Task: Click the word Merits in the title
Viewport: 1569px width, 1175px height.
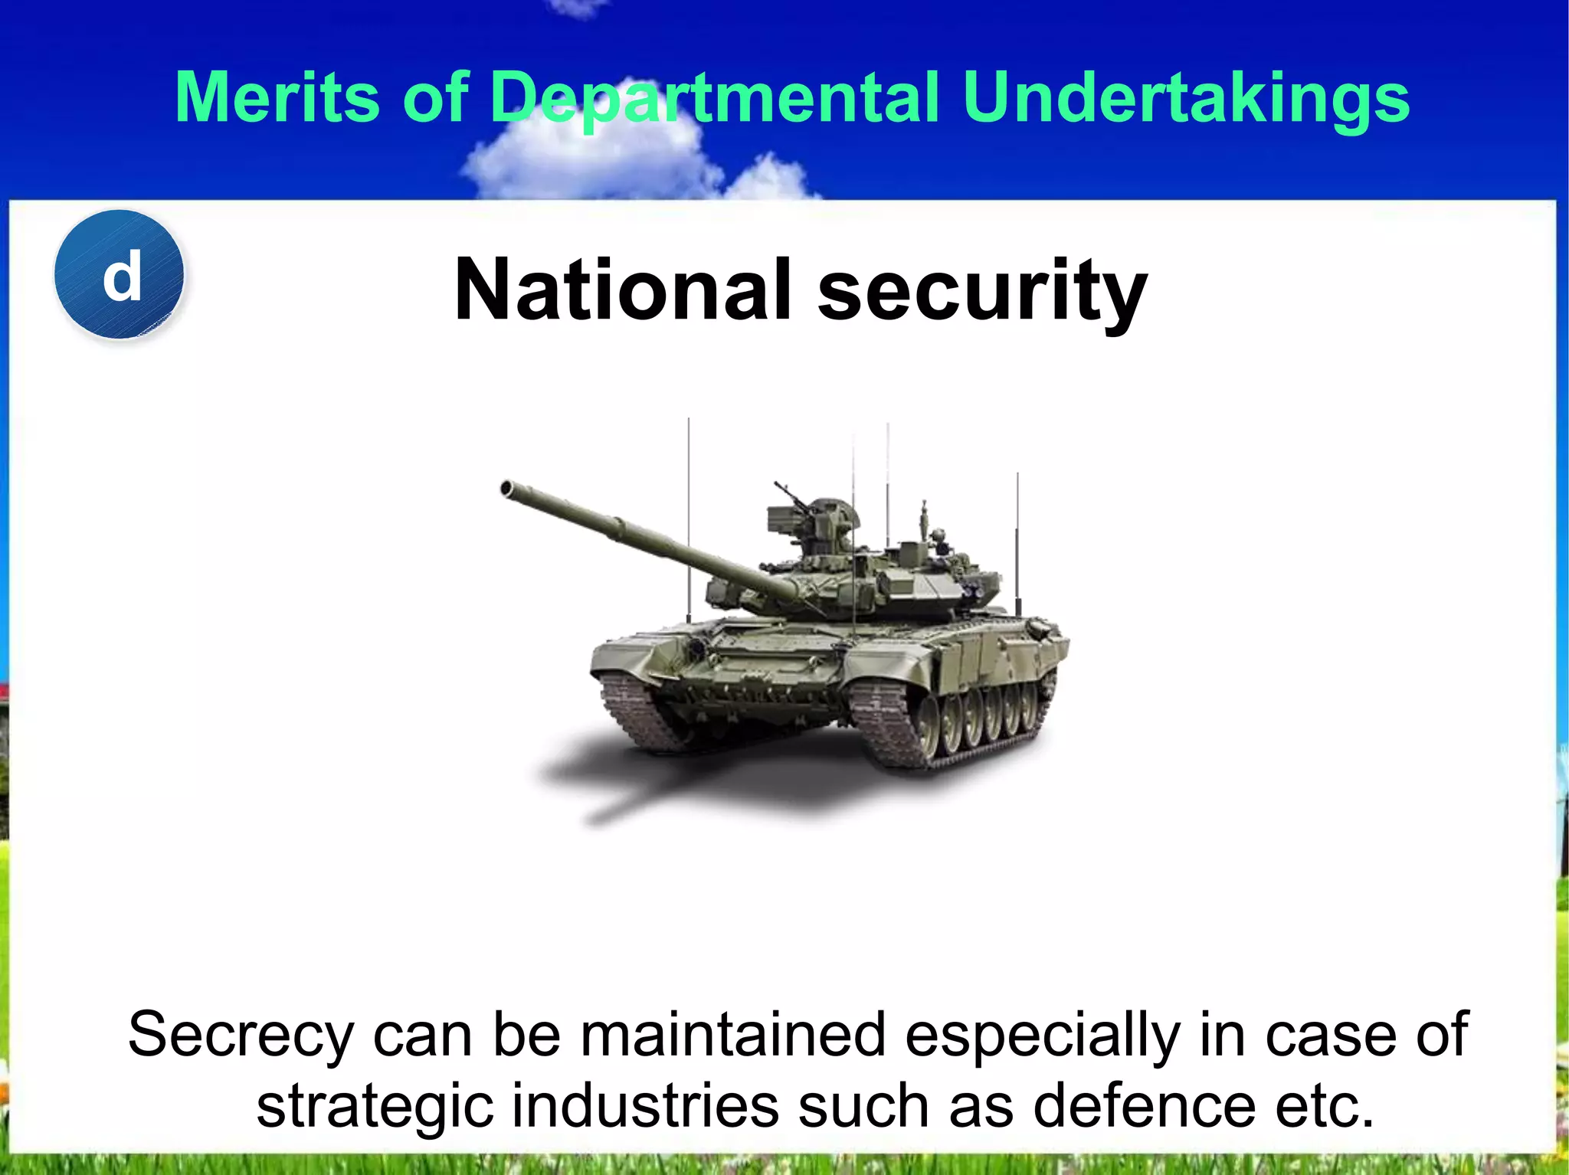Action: [277, 97]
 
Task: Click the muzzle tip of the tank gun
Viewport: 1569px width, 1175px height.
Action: [506, 488]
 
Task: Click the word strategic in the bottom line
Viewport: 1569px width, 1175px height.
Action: [375, 1108]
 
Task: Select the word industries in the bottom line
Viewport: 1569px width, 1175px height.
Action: [644, 1108]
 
